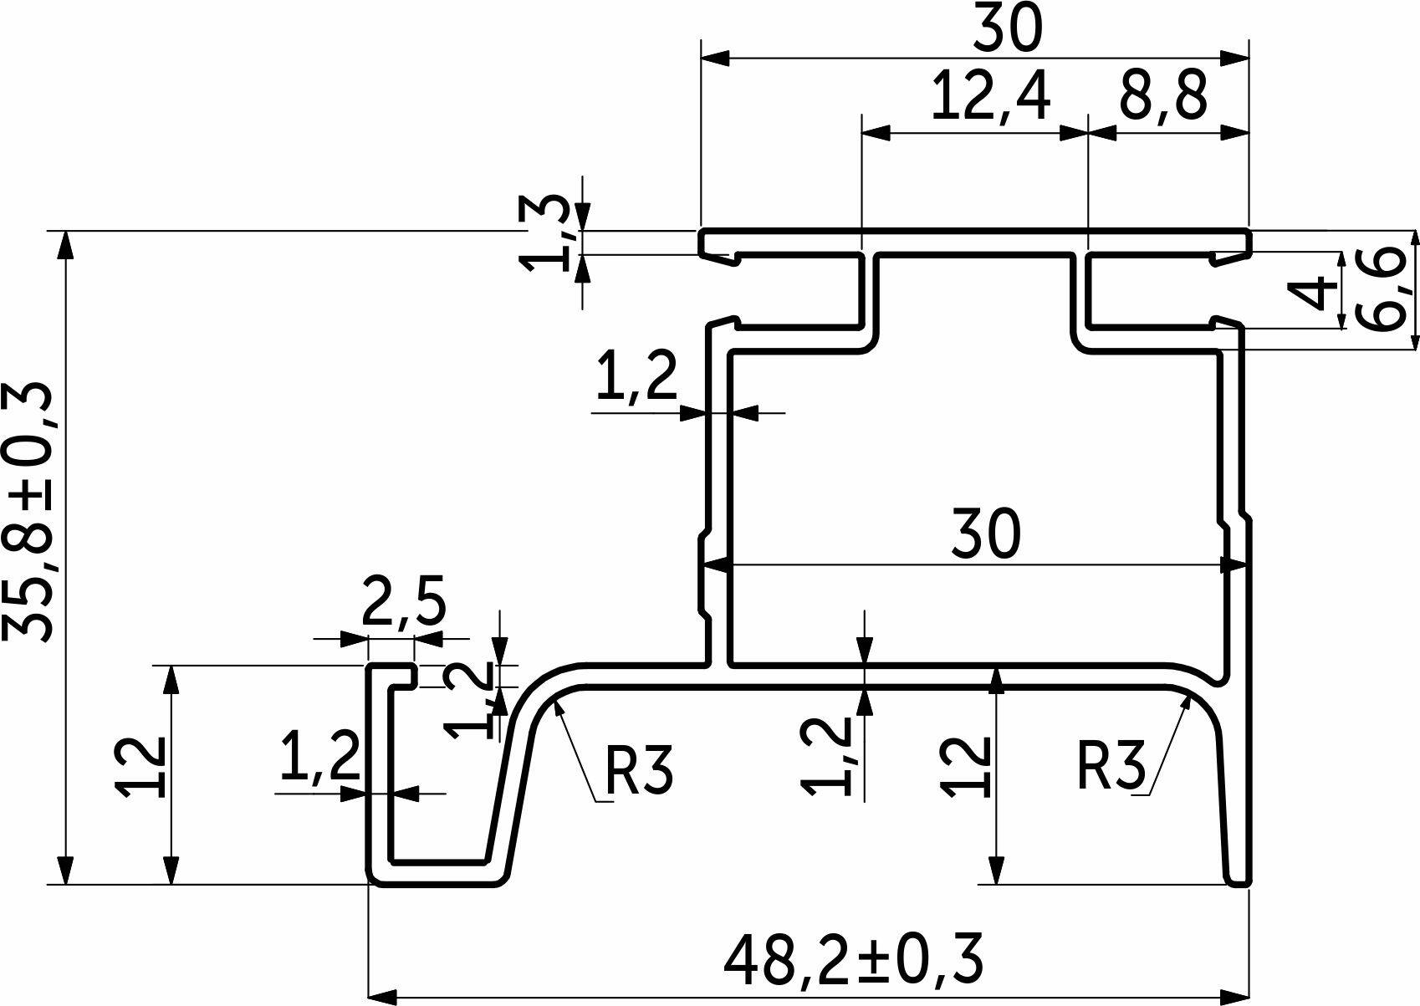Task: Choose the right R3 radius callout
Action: coord(1111,766)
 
